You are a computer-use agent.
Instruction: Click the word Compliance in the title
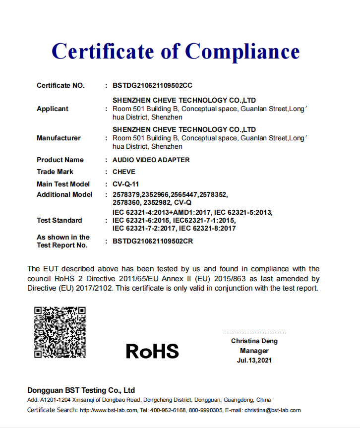point(242,52)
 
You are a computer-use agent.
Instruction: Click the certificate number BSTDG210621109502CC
point(152,85)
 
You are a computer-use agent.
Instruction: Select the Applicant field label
point(53,109)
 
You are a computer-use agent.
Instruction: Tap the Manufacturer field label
point(59,138)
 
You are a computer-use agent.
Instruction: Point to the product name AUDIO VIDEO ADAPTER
point(151,160)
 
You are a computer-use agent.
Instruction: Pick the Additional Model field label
point(64,194)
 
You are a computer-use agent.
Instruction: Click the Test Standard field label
point(60,220)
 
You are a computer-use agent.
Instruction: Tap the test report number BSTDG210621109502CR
point(153,242)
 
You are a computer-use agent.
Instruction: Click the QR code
point(60,332)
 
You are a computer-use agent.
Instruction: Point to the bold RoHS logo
point(152,351)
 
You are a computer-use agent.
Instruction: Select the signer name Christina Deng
point(254,341)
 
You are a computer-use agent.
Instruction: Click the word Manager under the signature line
point(254,351)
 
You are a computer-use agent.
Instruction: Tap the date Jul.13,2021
point(254,361)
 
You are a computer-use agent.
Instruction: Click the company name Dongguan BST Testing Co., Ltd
point(81,390)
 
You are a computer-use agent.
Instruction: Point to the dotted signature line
point(254,332)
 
